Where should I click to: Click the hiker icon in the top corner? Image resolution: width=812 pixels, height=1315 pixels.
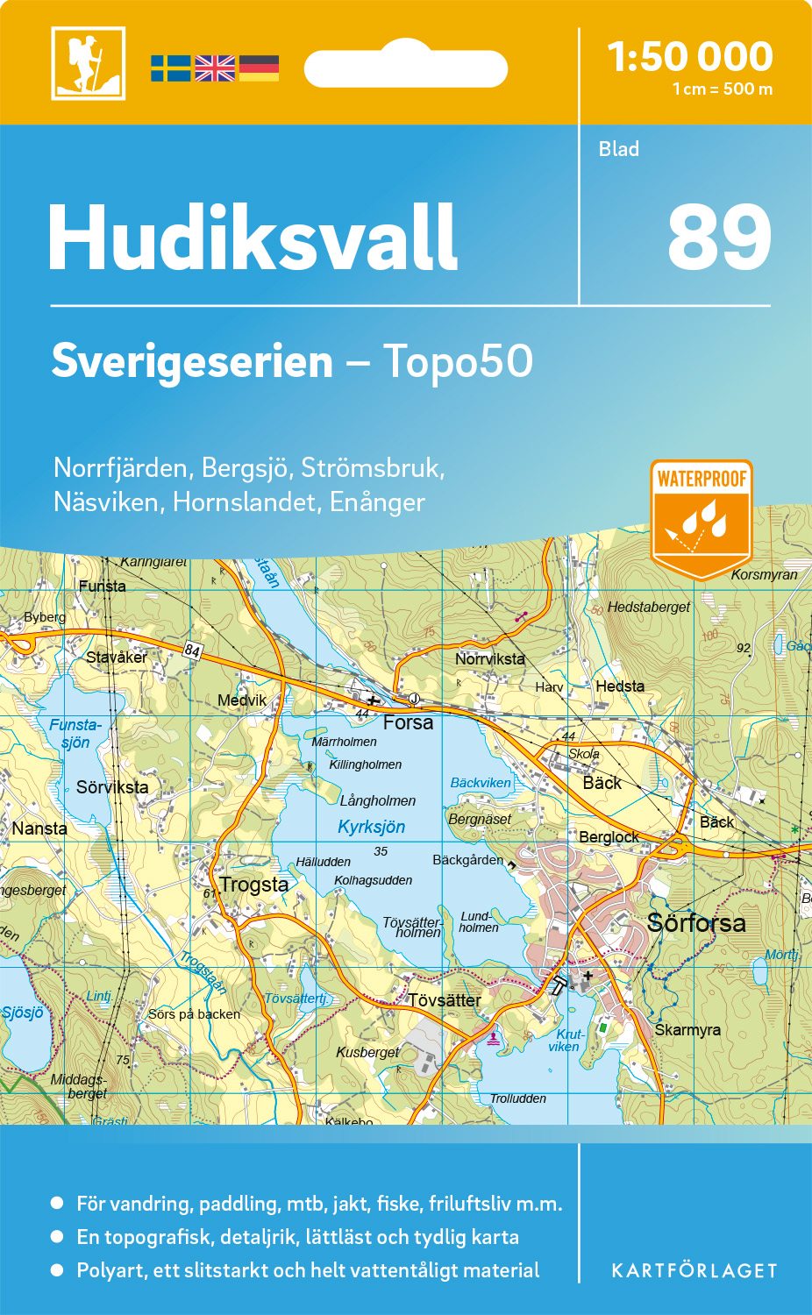(x=88, y=63)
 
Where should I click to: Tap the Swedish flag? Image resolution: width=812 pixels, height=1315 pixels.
(x=170, y=68)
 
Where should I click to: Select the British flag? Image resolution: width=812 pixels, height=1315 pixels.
(x=215, y=68)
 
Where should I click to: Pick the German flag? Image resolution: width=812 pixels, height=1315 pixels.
(x=259, y=68)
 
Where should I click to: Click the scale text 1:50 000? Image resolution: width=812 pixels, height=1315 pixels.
(x=690, y=57)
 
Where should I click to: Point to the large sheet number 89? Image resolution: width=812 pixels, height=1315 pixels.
(x=719, y=238)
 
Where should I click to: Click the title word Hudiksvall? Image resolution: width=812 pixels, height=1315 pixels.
(x=253, y=238)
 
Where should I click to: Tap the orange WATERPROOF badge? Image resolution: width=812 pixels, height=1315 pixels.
(x=702, y=517)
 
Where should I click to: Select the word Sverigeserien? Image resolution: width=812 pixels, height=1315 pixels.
(x=192, y=361)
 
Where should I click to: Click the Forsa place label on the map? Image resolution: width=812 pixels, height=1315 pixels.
(x=408, y=722)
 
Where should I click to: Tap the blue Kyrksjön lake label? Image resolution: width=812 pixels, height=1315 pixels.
(x=372, y=827)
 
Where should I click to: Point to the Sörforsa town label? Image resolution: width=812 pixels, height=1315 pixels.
(x=696, y=922)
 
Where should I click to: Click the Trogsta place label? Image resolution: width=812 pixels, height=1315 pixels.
(x=254, y=885)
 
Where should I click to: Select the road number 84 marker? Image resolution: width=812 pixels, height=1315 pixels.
(x=192, y=650)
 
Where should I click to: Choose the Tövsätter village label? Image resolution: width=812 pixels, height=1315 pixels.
(x=445, y=1000)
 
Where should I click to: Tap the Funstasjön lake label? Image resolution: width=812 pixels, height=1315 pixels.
(x=75, y=734)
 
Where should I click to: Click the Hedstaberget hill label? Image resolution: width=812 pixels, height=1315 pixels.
(x=648, y=607)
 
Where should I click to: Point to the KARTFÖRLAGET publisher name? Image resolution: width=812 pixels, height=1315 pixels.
(x=694, y=1271)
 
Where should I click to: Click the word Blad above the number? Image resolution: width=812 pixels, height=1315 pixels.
(x=619, y=149)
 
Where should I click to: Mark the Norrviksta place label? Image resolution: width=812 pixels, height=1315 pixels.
(x=489, y=658)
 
